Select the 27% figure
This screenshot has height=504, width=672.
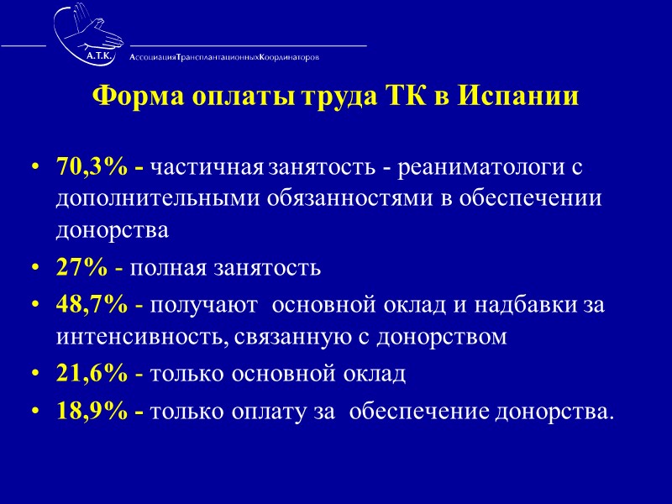(x=82, y=269)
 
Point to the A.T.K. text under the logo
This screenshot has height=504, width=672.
(x=99, y=55)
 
